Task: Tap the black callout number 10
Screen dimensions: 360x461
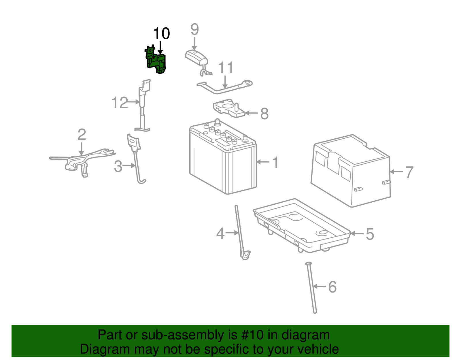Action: coord(161,34)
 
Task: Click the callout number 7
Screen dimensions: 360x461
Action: coord(409,172)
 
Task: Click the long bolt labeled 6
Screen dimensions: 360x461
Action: coord(312,288)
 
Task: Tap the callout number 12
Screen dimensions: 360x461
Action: coord(120,103)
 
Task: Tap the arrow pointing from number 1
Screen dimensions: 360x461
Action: coord(263,162)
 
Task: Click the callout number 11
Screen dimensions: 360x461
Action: coord(225,68)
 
